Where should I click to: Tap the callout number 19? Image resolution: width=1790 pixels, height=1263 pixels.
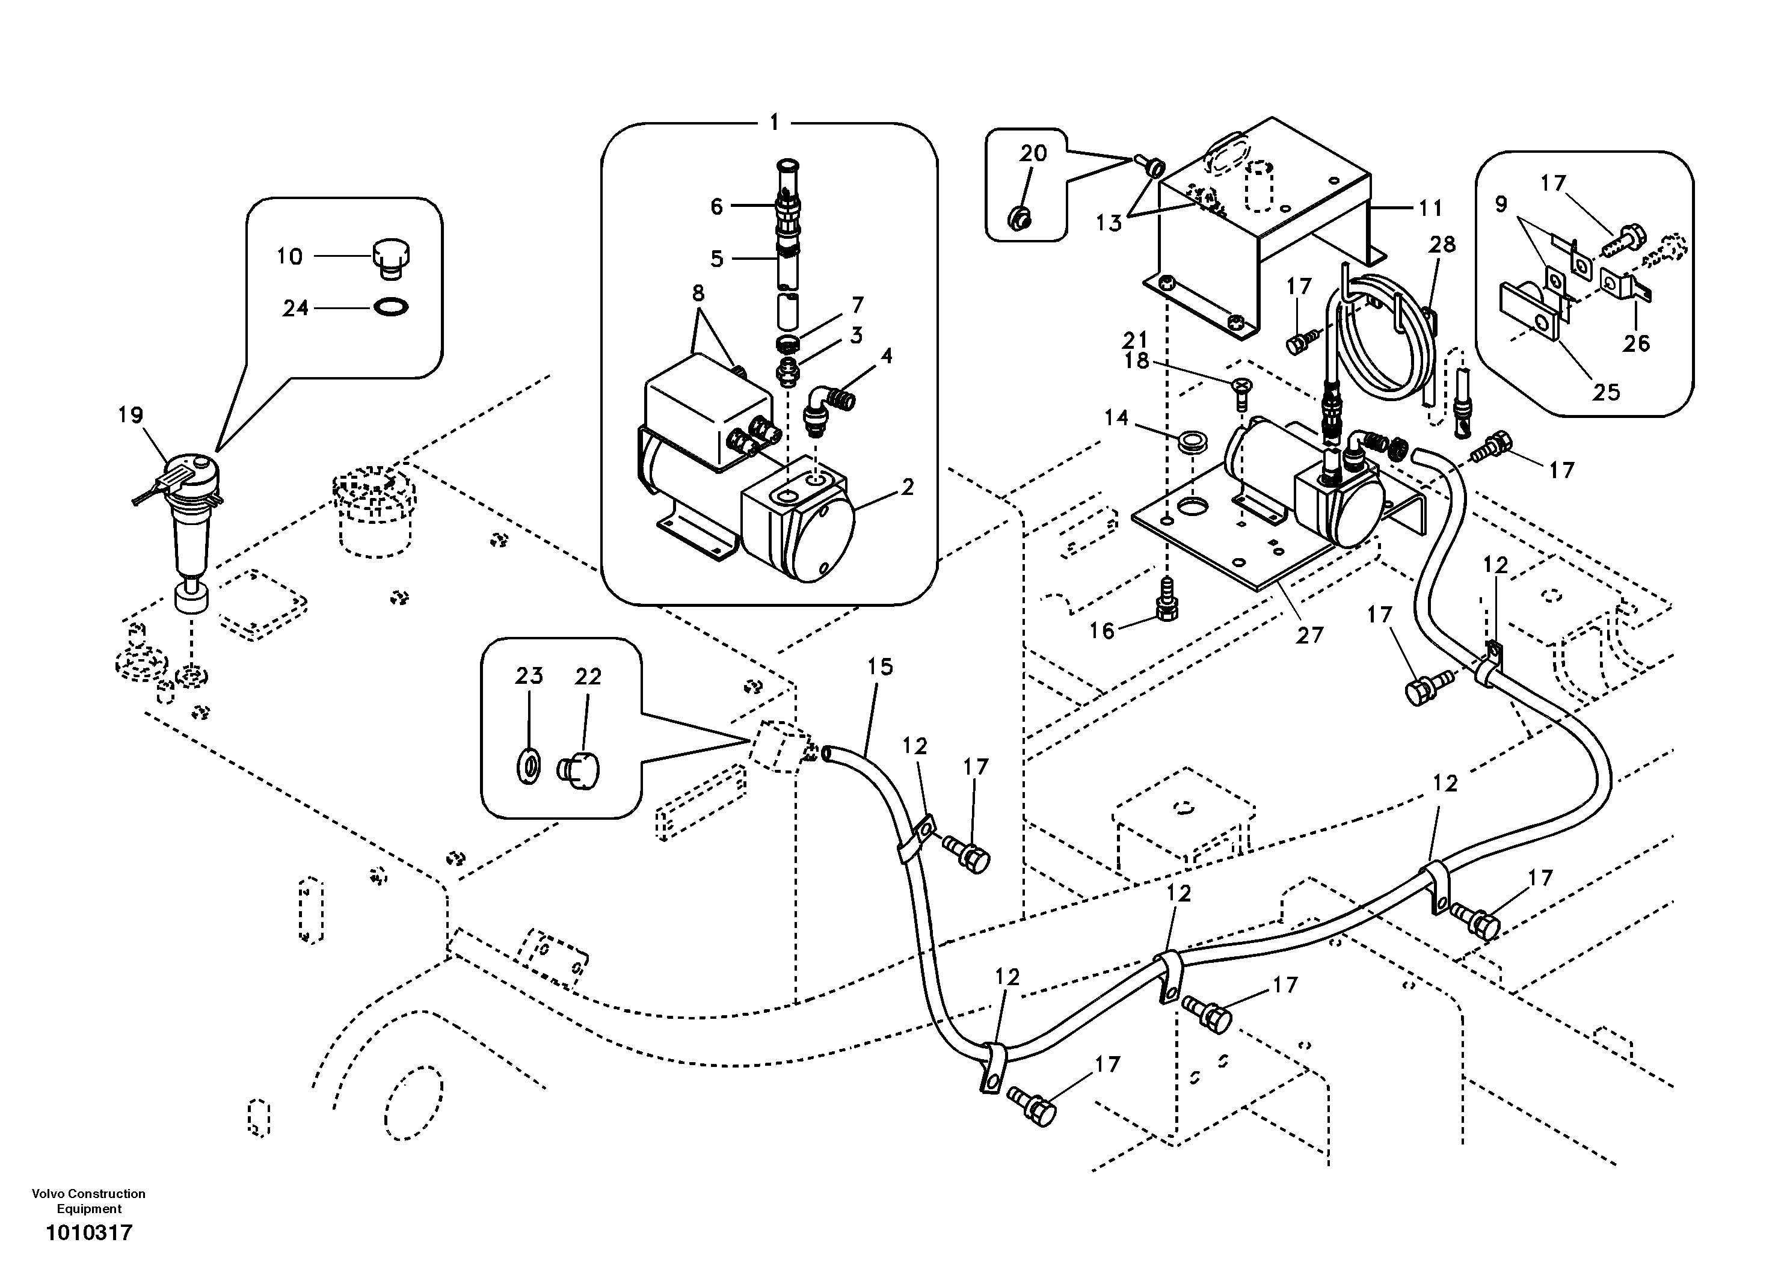[x=130, y=415]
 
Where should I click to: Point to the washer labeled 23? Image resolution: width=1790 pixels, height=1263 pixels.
[x=529, y=766]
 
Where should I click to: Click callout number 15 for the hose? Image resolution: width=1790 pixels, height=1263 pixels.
[x=880, y=666]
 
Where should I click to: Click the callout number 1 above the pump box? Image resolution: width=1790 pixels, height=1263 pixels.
[x=774, y=123]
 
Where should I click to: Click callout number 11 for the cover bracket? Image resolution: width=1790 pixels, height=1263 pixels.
[x=1430, y=208]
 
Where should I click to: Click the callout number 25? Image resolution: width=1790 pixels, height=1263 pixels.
[x=1605, y=392]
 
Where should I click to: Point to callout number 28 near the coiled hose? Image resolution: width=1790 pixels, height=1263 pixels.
[x=1442, y=244]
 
